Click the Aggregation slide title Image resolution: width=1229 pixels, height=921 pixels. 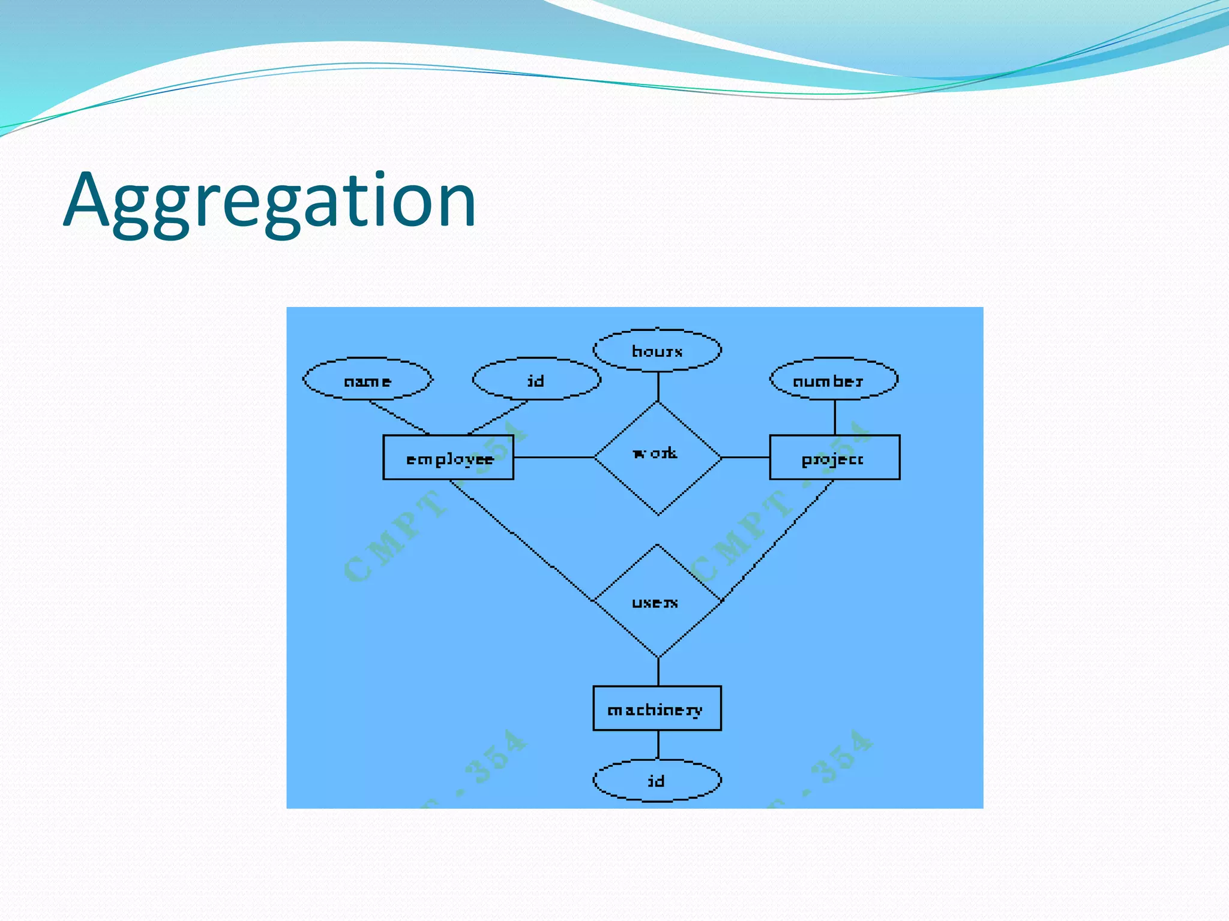point(270,201)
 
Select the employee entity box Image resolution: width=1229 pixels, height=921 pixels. point(448,458)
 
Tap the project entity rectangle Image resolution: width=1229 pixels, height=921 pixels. point(834,458)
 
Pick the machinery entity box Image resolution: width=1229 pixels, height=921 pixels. point(657,708)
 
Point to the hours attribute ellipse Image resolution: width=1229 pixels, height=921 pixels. point(657,350)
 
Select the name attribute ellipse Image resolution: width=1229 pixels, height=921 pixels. point(367,380)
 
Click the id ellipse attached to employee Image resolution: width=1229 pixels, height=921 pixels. point(536,380)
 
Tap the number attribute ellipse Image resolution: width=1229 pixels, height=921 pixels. point(834,380)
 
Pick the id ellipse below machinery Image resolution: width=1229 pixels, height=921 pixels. point(657,780)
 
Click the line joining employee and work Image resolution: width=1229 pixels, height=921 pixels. point(553,458)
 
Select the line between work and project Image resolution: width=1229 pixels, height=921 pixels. point(745,458)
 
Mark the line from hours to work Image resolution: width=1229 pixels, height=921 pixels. point(658,387)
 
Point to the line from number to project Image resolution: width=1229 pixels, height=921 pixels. point(835,417)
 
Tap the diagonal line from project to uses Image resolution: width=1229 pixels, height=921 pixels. point(777,540)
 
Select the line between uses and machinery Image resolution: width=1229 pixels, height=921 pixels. point(658,672)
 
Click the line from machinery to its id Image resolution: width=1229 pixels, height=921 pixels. point(658,745)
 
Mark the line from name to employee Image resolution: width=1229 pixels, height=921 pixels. point(399,417)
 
